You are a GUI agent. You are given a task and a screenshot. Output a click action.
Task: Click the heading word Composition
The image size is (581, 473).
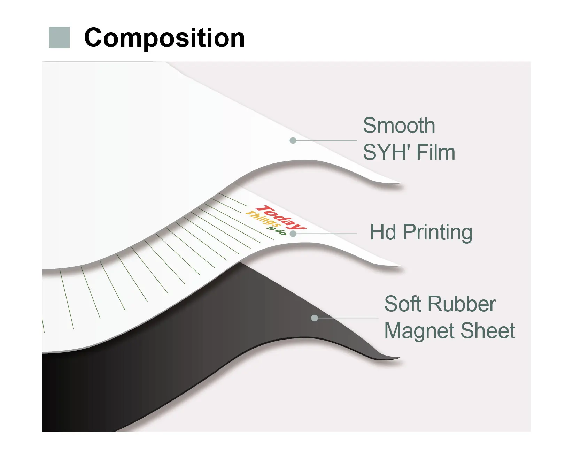(x=164, y=38)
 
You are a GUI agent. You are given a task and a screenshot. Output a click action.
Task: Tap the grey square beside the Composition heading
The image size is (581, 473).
(x=59, y=37)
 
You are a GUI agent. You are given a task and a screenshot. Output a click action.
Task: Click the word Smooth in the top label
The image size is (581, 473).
(x=399, y=125)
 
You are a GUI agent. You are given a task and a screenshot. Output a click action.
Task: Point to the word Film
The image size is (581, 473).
(x=436, y=152)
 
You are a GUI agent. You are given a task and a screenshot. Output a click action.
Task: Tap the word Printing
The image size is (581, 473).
(x=437, y=233)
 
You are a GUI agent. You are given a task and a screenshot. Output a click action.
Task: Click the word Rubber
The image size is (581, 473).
(x=462, y=304)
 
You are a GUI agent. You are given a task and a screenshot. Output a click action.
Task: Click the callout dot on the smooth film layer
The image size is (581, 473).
(x=293, y=140)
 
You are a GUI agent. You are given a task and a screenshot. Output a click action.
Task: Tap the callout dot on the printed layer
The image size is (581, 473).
(x=293, y=234)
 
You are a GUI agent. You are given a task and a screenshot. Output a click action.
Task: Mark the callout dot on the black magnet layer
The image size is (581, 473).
(x=315, y=318)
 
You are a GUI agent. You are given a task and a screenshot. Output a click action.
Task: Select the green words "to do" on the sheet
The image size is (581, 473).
(x=277, y=230)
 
